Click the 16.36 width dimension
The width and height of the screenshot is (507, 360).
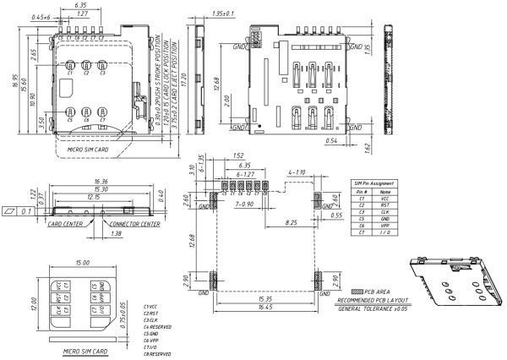point(101,181)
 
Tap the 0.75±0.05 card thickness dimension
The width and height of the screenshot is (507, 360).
point(123,306)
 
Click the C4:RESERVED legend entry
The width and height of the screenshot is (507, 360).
point(159,326)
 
